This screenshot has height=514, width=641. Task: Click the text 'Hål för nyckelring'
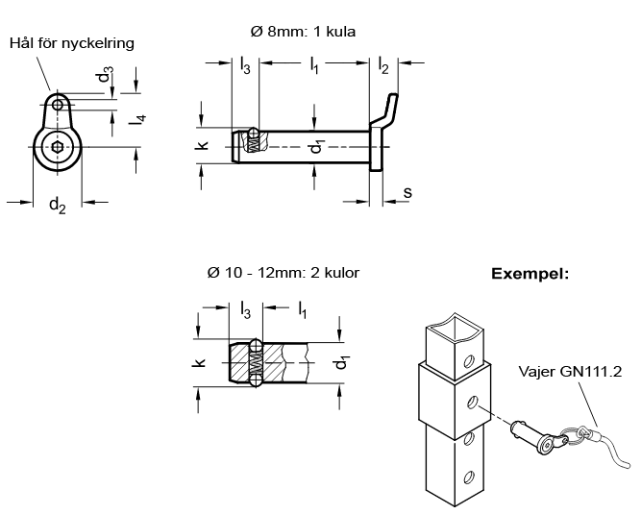pos(72,43)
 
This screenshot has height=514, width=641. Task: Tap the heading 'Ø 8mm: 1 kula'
pos(303,32)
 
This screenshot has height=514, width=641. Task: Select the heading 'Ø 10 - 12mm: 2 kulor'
pos(283,273)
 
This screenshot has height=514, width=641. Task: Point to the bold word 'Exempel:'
pos(530,274)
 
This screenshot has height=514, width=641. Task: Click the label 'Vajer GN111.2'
pos(570,372)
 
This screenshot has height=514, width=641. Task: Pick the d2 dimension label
pos(58,205)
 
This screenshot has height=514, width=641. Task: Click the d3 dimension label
pos(105,74)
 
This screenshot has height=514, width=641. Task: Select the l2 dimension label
pos(383,65)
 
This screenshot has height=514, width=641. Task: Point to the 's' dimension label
pos(407,192)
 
